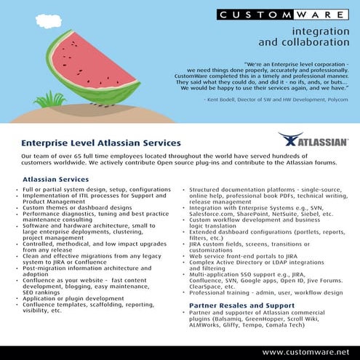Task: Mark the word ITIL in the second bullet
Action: (76, 194)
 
